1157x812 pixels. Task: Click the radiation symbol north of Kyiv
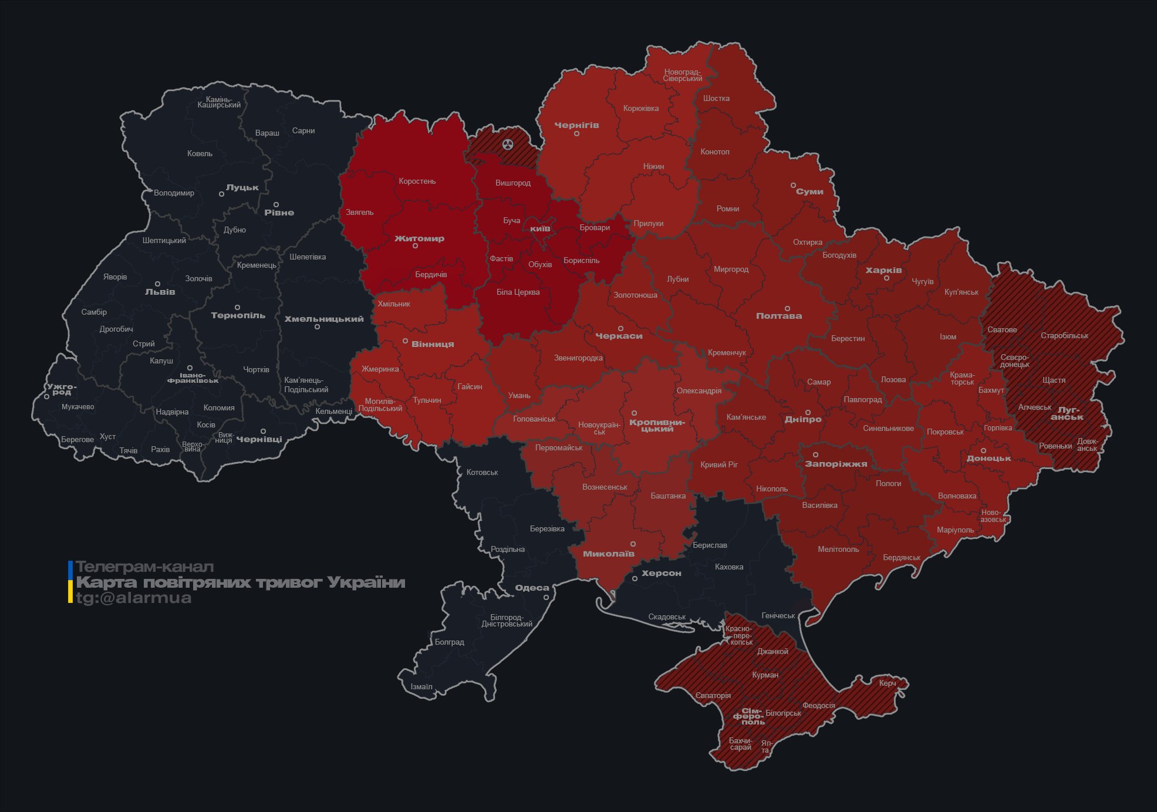(508, 144)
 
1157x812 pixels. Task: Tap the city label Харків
(883, 271)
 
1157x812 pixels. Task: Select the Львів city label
(160, 292)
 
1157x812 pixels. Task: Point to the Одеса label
(532, 588)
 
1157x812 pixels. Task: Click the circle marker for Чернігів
(576, 134)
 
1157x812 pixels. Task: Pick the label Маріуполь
(955, 530)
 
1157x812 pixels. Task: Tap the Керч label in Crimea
(888, 683)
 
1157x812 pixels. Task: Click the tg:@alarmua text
(134, 598)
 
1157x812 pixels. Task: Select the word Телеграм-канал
(145, 567)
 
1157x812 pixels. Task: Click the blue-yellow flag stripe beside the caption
(70, 582)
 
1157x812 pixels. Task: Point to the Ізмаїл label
(421, 687)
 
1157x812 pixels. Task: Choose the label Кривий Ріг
(719, 464)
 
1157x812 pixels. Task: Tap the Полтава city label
(779, 316)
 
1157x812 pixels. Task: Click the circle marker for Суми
(793, 185)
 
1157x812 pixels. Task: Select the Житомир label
(419, 238)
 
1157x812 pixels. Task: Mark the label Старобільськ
(1064, 336)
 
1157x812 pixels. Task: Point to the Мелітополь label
(838, 550)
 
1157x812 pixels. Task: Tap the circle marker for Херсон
(635, 579)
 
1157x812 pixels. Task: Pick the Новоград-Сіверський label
(683, 75)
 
